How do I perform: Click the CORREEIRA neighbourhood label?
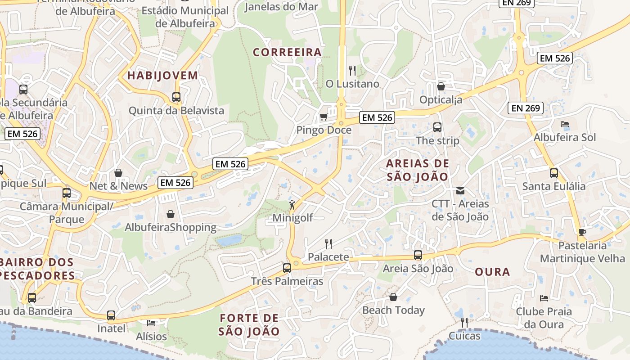pyautogui.click(x=287, y=52)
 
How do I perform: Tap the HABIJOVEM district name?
pyautogui.click(x=162, y=75)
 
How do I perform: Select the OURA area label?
pyautogui.click(x=492, y=272)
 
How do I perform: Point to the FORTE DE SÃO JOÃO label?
pyautogui.click(x=249, y=325)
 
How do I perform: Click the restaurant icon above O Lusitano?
pyautogui.click(x=352, y=71)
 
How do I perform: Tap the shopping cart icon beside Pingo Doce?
pyautogui.click(x=324, y=117)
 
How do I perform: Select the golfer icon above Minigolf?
pyautogui.click(x=292, y=205)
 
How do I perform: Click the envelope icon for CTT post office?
pyautogui.click(x=460, y=191)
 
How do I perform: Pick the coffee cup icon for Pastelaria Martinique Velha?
pyautogui.click(x=582, y=232)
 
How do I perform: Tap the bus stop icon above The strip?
pyautogui.click(x=437, y=127)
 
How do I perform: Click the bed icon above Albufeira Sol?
pyautogui.click(x=565, y=124)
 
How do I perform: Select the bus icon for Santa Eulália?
pyautogui.click(x=554, y=173)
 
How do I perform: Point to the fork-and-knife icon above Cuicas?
pyautogui.click(x=464, y=322)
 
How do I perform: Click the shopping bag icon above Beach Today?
pyautogui.click(x=393, y=297)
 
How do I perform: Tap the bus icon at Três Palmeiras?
pyautogui.click(x=287, y=268)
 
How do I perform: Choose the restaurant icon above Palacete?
pyautogui.click(x=328, y=244)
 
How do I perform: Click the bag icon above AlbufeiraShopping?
pyautogui.click(x=171, y=214)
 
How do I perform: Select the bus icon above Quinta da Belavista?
pyautogui.click(x=176, y=97)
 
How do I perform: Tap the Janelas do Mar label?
pyautogui.click(x=281, y=7)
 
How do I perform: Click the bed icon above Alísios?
pyautogui.click(x=151, y=323)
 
